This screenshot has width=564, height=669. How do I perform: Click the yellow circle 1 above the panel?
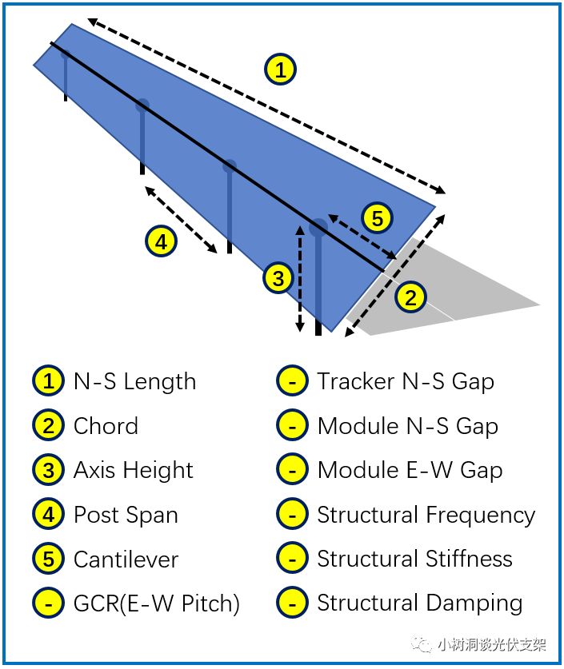click(280, 70)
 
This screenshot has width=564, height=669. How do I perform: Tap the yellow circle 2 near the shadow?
click(411, 298)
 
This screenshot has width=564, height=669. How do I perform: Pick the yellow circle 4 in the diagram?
click(161, 241)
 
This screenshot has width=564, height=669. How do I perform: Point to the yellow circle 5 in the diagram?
click(377, 217)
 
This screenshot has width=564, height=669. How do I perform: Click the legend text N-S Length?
click(134, 381)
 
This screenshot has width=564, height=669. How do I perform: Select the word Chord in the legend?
click(106, 426)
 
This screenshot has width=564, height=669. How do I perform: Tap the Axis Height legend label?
click(133, 470)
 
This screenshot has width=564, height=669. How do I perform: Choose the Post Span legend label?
click(126, 514)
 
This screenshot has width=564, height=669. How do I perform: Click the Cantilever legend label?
click(126, 559)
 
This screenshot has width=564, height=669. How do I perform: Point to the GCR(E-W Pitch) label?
click(157, 603)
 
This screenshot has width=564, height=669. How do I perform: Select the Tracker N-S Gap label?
click(406, 381)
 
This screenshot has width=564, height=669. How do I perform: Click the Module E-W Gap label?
click(410, 470)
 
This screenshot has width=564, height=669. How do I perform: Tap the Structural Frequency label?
click(426, 515)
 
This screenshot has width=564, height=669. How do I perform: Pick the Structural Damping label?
click(419, 603)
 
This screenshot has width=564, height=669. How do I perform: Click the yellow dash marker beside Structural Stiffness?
click(293, 559)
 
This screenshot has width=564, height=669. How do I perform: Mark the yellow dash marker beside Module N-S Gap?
click(293, 426)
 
